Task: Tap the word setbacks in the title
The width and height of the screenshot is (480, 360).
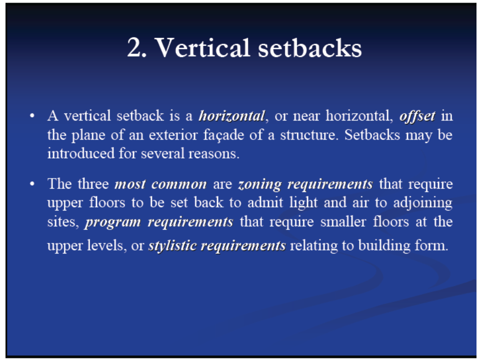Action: [310, 47]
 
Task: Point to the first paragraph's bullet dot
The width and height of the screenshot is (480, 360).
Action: [32, 116]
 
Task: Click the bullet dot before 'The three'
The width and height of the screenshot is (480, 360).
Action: [32, 184]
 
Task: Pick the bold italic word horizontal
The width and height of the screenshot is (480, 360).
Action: [231, 116]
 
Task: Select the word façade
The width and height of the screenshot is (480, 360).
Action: [224, 135]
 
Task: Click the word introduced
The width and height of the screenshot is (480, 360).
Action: [81, 153]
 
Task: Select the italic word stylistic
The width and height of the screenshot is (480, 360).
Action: [172, 246]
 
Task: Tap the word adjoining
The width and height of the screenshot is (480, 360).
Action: [423, 203]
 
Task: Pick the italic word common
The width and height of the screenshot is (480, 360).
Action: [179, 184]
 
